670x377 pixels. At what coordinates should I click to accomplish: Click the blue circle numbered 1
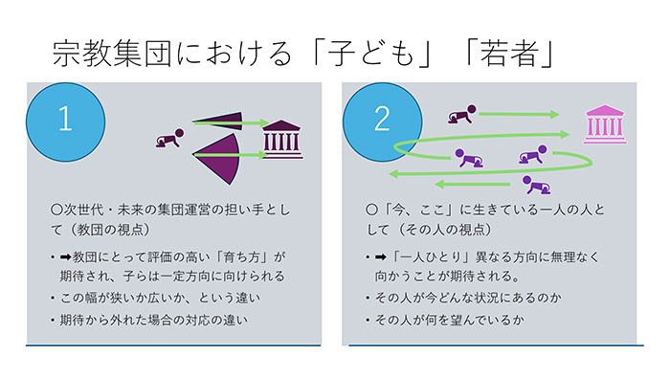point(64,119)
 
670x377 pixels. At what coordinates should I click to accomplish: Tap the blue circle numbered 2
point(381,119)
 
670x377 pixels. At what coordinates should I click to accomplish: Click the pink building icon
point(605,123)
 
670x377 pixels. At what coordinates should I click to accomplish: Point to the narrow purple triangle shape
point(219,121)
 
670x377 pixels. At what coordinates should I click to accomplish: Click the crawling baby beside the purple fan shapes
point(169,141)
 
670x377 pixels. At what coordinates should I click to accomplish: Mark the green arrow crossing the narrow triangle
point(230,122)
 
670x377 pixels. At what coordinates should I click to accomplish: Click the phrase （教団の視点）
point(123,232)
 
